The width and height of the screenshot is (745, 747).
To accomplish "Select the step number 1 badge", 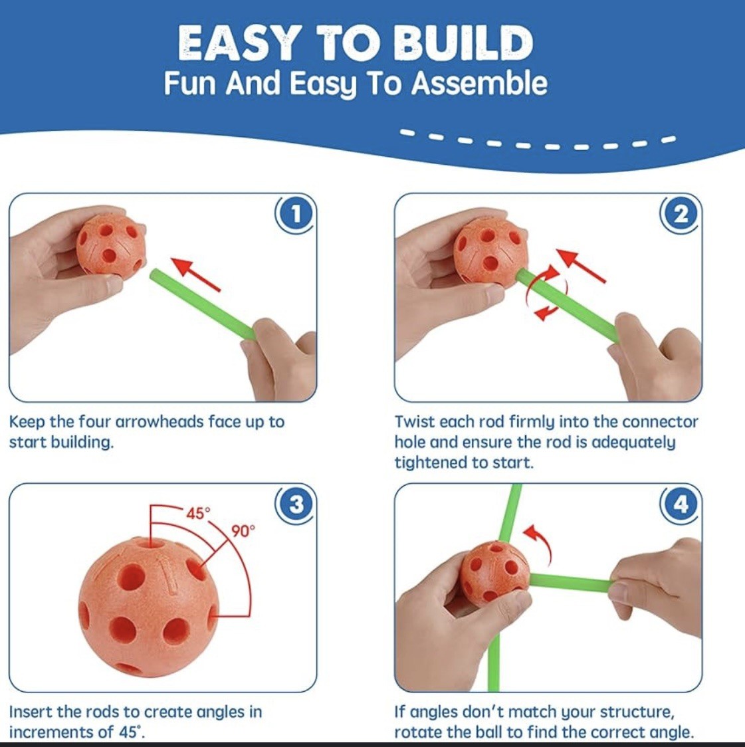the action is [296, 214].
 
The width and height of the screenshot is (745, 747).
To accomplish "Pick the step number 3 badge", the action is [296, 503].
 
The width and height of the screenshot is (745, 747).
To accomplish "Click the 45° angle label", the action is [198, 513].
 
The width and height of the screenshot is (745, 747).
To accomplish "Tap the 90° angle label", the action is [243, 531].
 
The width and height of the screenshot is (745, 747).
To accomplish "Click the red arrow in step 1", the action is [196, 273].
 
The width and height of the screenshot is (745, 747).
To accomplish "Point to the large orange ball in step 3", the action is [148, 608].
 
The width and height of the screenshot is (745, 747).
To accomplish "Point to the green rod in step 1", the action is [203, 304].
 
